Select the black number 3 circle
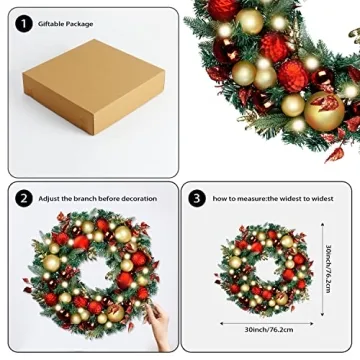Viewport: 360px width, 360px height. coord(197,198)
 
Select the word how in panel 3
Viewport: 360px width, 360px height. coord(219,199)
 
